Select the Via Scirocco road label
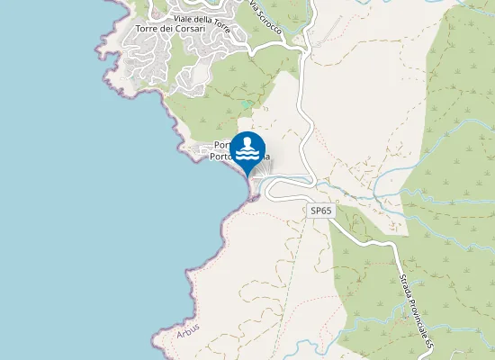point(266,19)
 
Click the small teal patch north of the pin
point(246,104)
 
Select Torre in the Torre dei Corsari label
point(144,29)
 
